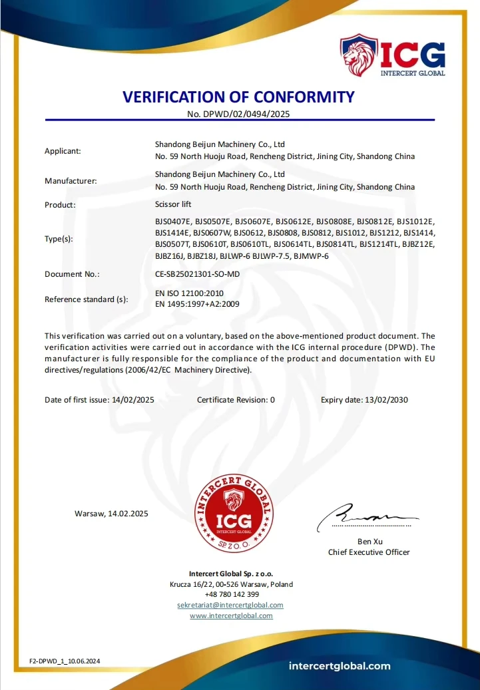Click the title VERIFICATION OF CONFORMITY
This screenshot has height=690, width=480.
(x=239, y=97)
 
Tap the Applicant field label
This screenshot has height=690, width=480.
(x=63, y=151)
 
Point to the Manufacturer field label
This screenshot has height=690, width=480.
(x=71, y=181)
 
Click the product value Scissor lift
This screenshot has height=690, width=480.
(x=173, y=204)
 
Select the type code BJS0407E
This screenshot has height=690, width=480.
(x=172, y=221)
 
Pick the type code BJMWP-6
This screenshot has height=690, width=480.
(x=311, y=256)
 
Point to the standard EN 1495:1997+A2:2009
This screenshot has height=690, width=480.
(x=197, y=304)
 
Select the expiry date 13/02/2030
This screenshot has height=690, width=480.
(x=384, y=400)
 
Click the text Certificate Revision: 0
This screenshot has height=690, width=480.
(x=236, y=400)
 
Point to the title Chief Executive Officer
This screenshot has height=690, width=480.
(x=369, y=552)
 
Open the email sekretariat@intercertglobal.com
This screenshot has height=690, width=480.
(x=230, y=605)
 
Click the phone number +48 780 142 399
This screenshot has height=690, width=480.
(x=232, y=594)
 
